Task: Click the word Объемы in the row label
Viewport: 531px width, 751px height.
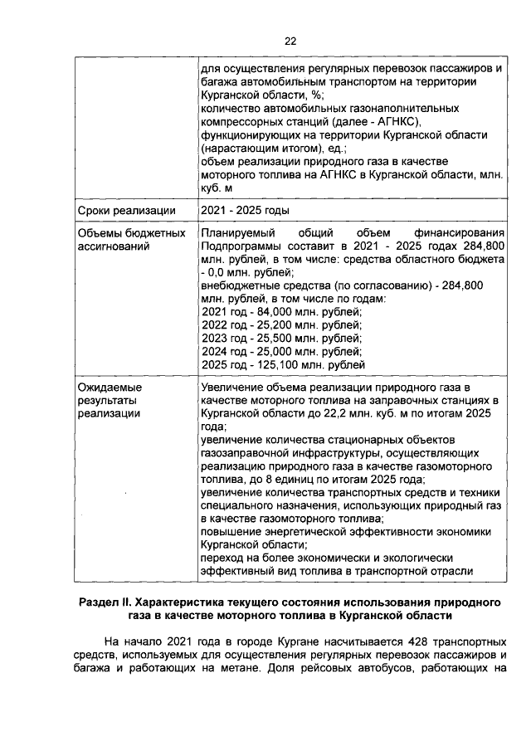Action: [x=99, y=234]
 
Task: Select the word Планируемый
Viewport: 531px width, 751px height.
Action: [x=238, y=234]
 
